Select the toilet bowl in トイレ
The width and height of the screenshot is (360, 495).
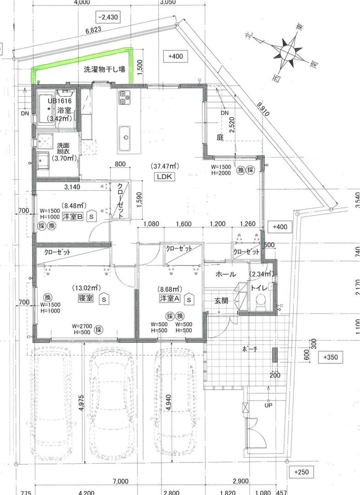point(261,301)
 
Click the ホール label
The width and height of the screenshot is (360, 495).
point(226,275)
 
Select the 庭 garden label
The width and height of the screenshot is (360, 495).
point(220,137)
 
